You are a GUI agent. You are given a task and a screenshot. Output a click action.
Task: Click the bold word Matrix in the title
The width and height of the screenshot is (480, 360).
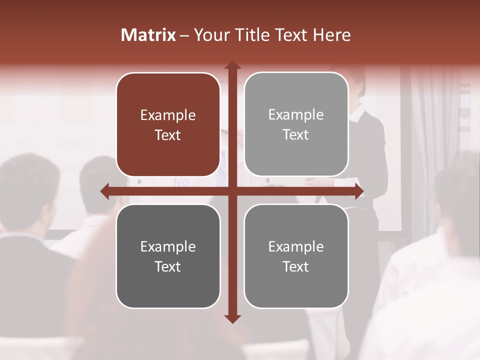[148, 35]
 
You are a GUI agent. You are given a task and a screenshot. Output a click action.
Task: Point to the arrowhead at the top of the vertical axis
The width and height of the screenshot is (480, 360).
[232, 65]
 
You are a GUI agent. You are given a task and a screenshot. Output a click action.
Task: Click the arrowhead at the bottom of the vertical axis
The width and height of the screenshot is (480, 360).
[232, 318]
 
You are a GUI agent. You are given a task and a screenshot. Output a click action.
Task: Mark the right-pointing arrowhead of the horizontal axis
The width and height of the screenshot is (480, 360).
[358, 191]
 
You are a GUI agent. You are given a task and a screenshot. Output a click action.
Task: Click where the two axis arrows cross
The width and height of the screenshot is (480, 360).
[232, 191]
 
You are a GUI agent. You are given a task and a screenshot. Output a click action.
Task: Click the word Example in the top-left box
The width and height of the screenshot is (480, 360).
[168, 115]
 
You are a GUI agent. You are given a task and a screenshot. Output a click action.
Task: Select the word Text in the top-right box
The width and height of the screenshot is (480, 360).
[296, 135]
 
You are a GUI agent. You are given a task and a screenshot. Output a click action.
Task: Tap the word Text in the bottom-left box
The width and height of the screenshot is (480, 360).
[168, 266]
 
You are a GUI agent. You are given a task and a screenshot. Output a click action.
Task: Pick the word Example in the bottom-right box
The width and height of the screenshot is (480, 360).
[296, 246]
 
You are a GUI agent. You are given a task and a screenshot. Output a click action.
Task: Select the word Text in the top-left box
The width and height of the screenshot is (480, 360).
[168, 135]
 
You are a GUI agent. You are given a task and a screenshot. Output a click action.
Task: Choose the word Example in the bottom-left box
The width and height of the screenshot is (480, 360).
[168, 246]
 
